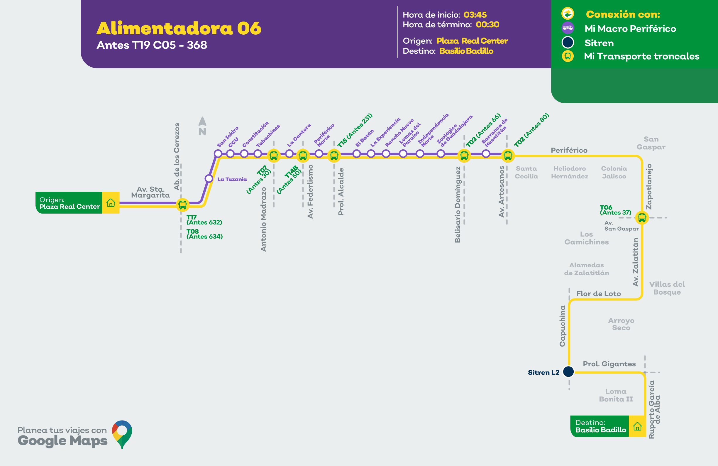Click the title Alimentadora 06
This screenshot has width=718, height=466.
179,28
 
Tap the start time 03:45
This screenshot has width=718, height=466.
475,14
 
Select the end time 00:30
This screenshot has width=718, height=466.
487,24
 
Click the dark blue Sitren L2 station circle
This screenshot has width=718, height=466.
569,371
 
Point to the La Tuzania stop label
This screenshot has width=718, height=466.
232,179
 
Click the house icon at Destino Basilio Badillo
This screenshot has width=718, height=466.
637,426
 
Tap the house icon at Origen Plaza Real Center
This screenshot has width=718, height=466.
111,202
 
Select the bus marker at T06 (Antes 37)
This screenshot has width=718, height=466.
642,217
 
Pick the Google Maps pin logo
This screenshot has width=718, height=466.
122,434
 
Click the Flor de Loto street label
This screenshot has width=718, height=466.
599,293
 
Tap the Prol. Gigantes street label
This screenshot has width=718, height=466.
609,364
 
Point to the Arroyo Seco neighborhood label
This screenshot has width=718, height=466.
621,324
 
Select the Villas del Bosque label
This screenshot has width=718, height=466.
667,288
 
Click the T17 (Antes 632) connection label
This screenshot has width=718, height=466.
204,220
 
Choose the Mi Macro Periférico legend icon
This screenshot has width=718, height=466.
568,28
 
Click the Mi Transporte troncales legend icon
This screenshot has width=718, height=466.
568,56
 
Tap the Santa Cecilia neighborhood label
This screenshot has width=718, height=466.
526,172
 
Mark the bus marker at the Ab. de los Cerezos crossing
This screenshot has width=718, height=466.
182,205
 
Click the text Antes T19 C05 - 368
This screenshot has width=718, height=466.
152,45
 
